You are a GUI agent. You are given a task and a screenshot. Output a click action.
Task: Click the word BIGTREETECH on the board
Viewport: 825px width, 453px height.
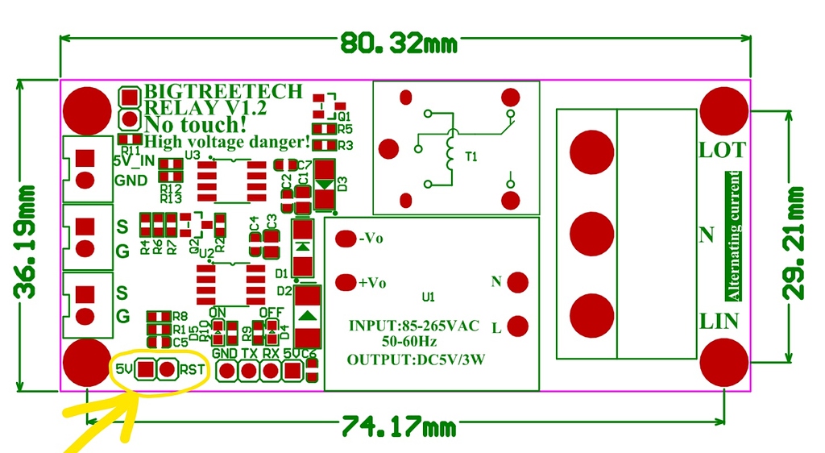223,91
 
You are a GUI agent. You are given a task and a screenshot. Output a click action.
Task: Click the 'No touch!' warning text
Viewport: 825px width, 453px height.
195,124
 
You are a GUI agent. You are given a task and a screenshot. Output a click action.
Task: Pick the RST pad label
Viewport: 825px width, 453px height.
193,370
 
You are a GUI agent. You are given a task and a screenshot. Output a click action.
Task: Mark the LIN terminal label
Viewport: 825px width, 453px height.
719,321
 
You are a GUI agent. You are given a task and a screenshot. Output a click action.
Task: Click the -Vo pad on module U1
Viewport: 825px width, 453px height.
346,239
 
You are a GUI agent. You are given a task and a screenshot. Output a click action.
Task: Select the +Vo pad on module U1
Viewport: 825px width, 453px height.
346,282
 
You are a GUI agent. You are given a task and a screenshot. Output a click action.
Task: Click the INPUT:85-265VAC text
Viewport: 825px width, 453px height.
413,326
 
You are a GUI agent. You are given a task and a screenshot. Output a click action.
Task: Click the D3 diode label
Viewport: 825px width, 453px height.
342,183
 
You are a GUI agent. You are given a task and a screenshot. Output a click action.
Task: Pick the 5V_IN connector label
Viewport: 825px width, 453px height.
133,160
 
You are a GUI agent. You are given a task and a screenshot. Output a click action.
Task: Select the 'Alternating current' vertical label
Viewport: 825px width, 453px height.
733,235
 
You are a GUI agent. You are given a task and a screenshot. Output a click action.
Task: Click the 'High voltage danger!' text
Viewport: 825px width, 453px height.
226,142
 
